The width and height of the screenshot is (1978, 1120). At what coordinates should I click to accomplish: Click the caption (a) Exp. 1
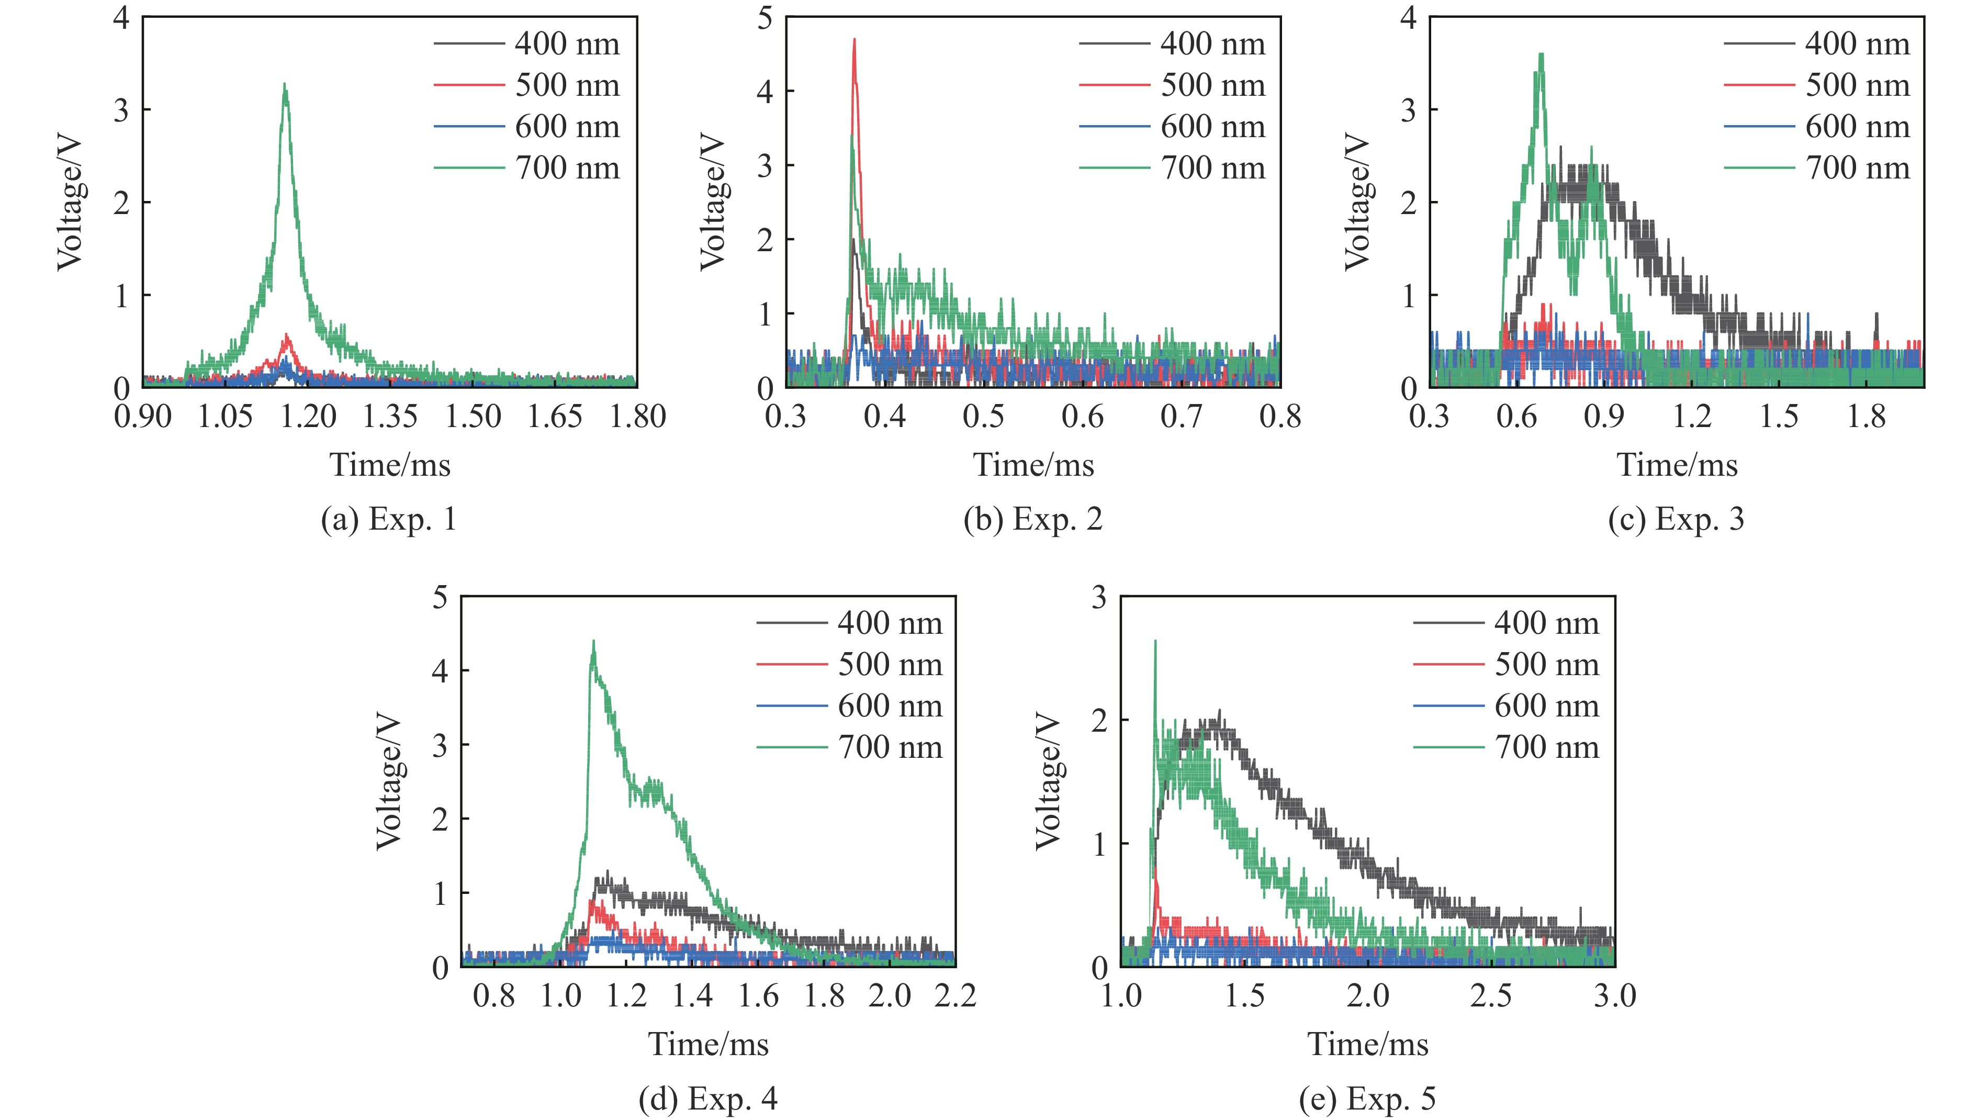(x=388, y=520)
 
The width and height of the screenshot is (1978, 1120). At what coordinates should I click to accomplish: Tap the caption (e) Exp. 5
(x=1367, y=1099)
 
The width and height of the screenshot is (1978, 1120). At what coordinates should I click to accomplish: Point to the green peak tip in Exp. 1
(x=285, y=85)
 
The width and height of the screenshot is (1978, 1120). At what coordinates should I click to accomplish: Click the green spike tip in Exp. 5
(x=1154, y=641)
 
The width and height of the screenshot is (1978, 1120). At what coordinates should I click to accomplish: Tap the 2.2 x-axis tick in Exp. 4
(x=955, y=996)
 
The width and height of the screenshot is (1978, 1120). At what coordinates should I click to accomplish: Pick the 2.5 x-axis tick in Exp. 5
(x=1490, y=996)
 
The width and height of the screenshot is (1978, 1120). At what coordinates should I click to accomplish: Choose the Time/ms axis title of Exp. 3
(x=1677, y=465)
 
